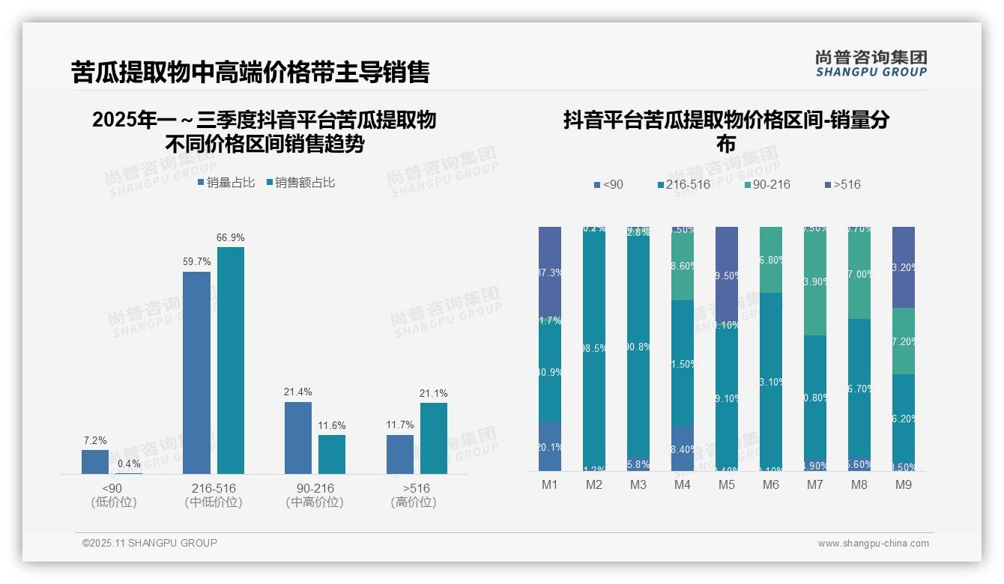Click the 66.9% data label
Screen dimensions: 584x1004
[x=230, y=237]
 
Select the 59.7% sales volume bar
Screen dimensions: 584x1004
[x=196, y=372]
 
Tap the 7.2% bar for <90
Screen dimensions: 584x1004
[x=95, y=461]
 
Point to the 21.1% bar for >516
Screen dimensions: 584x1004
[x=433, y=438]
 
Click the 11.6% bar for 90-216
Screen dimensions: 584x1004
[x=332, y=454]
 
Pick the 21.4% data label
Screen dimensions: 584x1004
[x=298, y=392]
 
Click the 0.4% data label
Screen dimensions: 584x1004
[x=129, y=463]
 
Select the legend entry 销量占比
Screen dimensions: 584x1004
[x=226, y=182]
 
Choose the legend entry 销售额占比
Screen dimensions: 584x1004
[x=300, y=182]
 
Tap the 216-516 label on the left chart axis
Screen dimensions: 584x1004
[x=214, y=488]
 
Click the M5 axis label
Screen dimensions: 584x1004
[x=727, y=485]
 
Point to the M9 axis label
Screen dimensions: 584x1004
[x=904, y=485]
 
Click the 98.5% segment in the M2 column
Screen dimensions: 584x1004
[x=594, y=348]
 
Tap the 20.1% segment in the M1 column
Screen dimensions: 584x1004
[x=550, y=447]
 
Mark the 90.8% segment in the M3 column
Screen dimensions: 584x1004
[x=638, y=347]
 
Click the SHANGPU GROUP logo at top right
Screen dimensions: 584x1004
[x=871, y=63]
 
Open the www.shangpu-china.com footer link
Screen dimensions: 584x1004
[x=873, y=544]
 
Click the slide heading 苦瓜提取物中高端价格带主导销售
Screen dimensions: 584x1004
[x=250, y=72]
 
